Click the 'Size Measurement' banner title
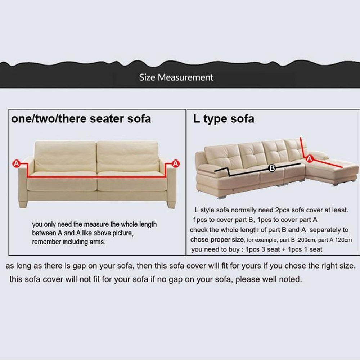point(176,77)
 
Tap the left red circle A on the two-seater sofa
point(16,164)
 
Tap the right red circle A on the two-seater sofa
point(176,164)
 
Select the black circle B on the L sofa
point(272,168)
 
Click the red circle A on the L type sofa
point(310,158)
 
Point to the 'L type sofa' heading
point(224,119)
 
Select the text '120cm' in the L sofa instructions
point(343,240)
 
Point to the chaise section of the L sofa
point(332,170)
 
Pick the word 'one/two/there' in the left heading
point(49,119)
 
